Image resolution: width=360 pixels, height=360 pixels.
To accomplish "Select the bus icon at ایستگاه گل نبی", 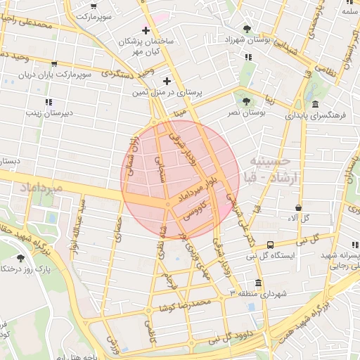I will pos(271,245).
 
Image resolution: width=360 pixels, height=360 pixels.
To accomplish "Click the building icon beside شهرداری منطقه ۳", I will pos(258,283).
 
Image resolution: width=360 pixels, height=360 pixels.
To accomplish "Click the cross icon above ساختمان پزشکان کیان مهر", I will pos(146,30).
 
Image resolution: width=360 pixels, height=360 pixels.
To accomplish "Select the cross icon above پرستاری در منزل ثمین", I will pos(167,80).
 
